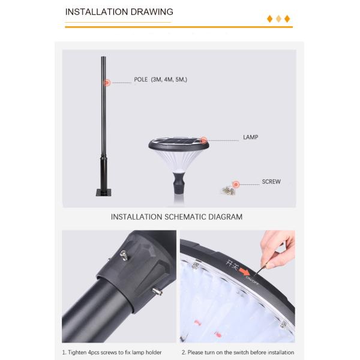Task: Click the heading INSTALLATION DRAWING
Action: (x=119, y=12)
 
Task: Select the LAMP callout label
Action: (x=250, y=137)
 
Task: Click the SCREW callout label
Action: (x=271, y=181)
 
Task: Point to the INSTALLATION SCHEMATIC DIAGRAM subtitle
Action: (x=176, y=217)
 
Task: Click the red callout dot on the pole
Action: (x=107, y=83)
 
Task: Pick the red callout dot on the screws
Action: (x=236, y=184)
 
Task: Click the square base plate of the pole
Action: (x=104, y=193)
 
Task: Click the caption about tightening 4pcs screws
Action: (x=112, y=352)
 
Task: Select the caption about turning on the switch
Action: (x=238, y=352)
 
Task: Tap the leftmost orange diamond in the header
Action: (x=269, y=19)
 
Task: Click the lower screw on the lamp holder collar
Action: (x=157, y=292)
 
